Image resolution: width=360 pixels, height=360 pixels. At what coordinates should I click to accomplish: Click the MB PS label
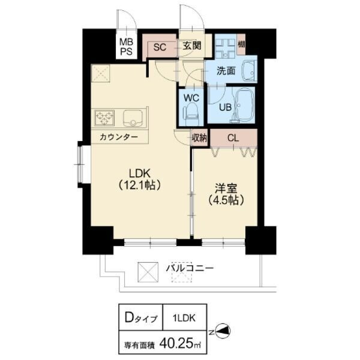[x=127, y=47]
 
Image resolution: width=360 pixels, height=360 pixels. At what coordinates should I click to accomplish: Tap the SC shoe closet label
[x=160, y=47]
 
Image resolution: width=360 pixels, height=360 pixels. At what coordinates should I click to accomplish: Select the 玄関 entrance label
[x=192, y=46]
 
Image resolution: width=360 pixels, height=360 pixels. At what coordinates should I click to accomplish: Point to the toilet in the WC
[x=191, y=113]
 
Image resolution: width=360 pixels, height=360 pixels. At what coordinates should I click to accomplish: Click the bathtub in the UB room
[x=245, y=104]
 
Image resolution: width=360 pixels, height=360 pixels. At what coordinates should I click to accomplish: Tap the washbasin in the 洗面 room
[x=249, y=71]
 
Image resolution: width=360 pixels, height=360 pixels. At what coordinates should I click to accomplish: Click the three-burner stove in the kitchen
[x=104, y=118]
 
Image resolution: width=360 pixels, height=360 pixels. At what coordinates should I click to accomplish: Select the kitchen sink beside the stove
[x=133, y=118]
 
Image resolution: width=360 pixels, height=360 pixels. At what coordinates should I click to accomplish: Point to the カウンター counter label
[x=119, y=137]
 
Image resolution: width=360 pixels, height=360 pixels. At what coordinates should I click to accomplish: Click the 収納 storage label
[x=200, y=138]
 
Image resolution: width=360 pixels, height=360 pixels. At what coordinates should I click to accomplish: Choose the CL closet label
[x=233, y=138]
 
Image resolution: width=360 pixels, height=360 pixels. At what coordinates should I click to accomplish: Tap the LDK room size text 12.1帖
[x=139, y=185]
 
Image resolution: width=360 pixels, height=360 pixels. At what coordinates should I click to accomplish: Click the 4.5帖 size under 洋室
[x=226, y=200]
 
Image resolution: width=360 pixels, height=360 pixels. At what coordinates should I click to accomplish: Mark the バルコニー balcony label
[x=190, y=268]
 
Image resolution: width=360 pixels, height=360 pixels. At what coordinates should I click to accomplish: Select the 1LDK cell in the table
[x=185, y=318]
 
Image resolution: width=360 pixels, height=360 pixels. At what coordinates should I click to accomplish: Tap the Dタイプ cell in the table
[x=140, y=318]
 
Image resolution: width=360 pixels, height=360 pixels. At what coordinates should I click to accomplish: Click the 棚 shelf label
[x=241, y=44]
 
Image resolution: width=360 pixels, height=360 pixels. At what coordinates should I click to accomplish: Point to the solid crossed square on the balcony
[x=148, y=272]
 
